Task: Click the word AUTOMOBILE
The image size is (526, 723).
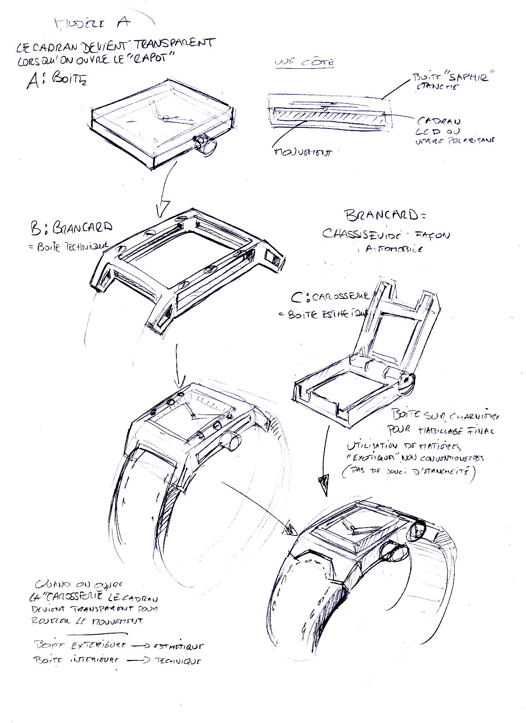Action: coord(394,249)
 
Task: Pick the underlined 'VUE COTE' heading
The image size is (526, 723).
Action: coord(304,63)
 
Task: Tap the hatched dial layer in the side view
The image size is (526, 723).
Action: coord(330,117)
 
